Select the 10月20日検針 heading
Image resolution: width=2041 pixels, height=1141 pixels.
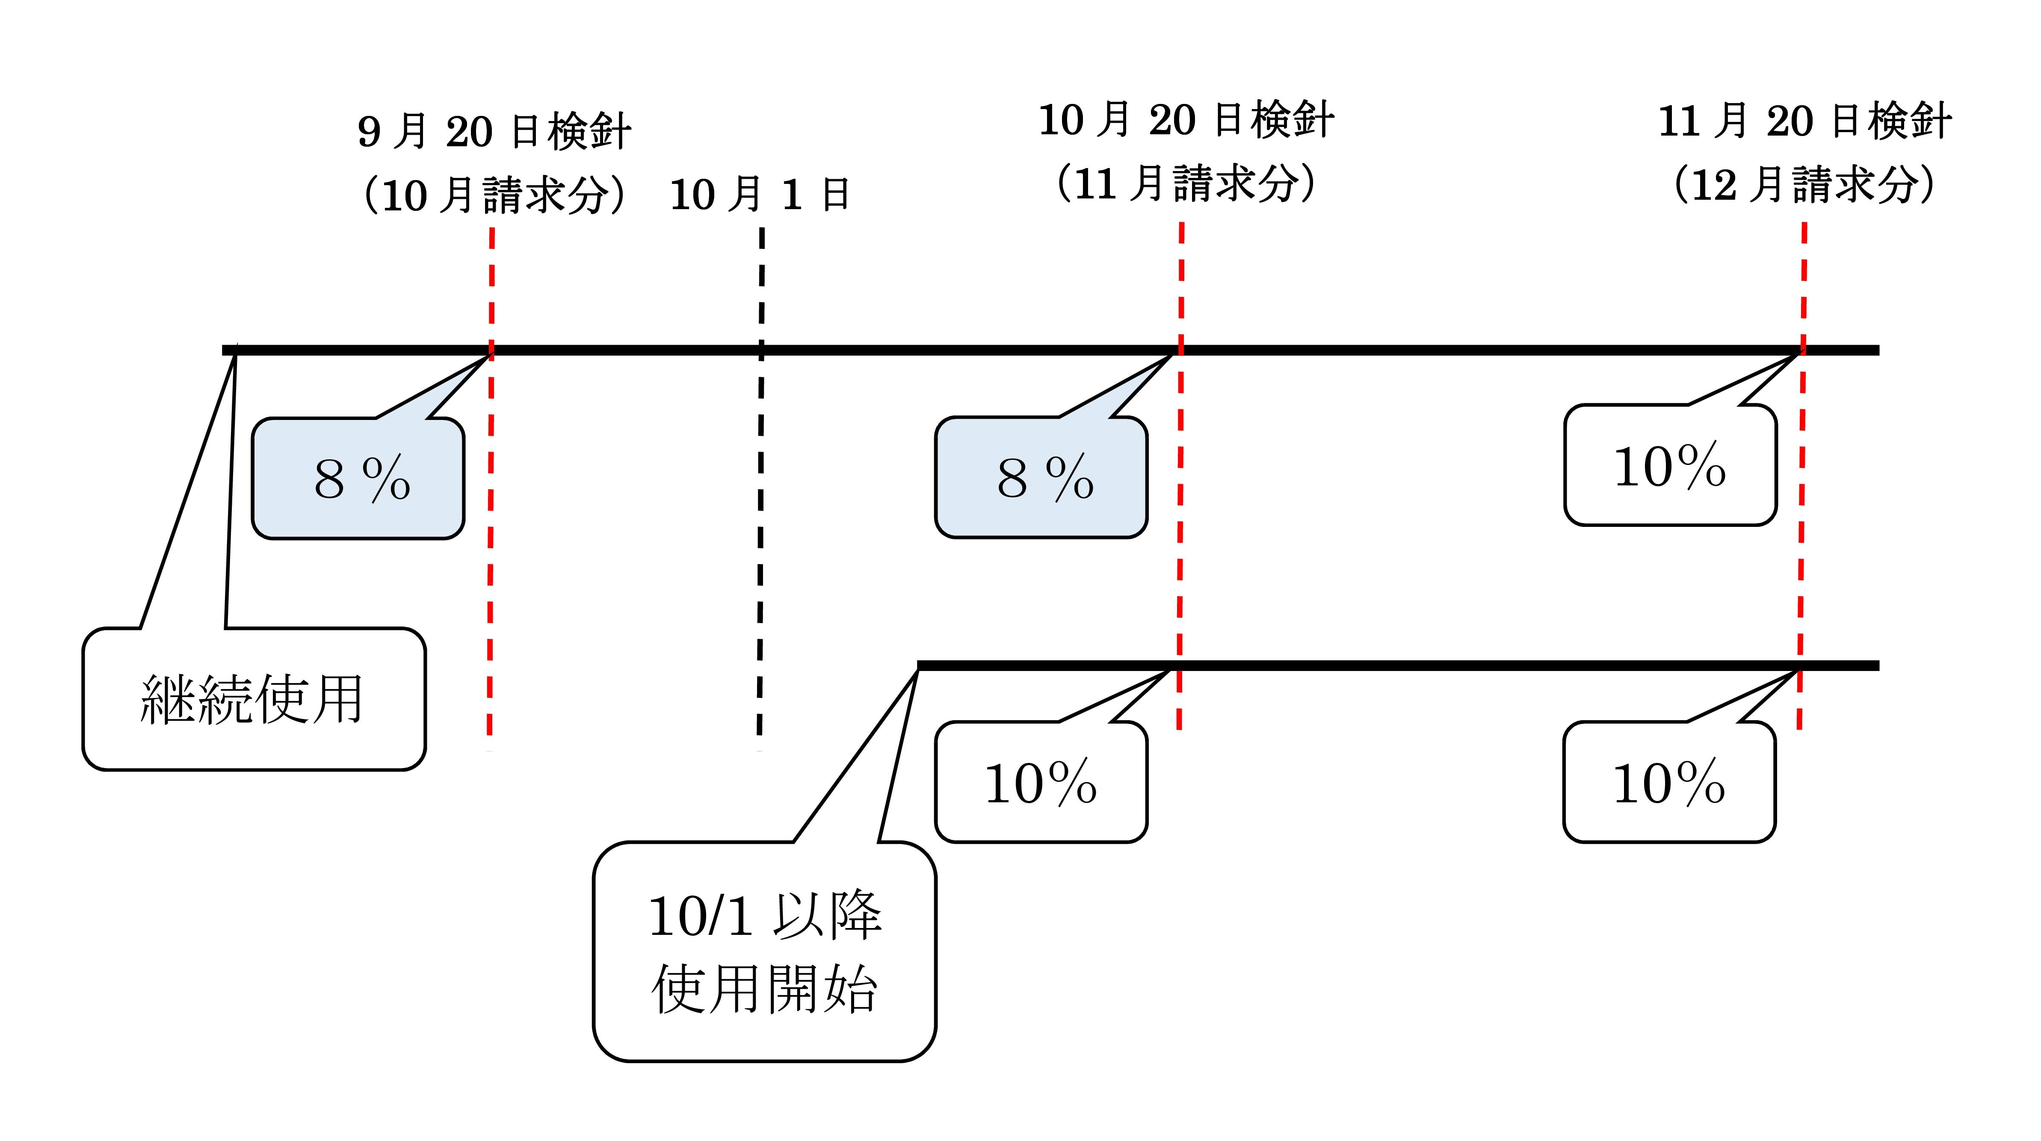pos(1186,121)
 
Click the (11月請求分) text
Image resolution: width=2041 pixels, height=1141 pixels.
pos(1186,184)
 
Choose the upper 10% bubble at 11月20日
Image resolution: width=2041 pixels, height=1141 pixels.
pos(1670,465)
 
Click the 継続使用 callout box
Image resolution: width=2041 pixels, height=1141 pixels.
pos(254,699)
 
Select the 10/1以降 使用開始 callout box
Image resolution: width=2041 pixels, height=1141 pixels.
pos(765,951)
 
